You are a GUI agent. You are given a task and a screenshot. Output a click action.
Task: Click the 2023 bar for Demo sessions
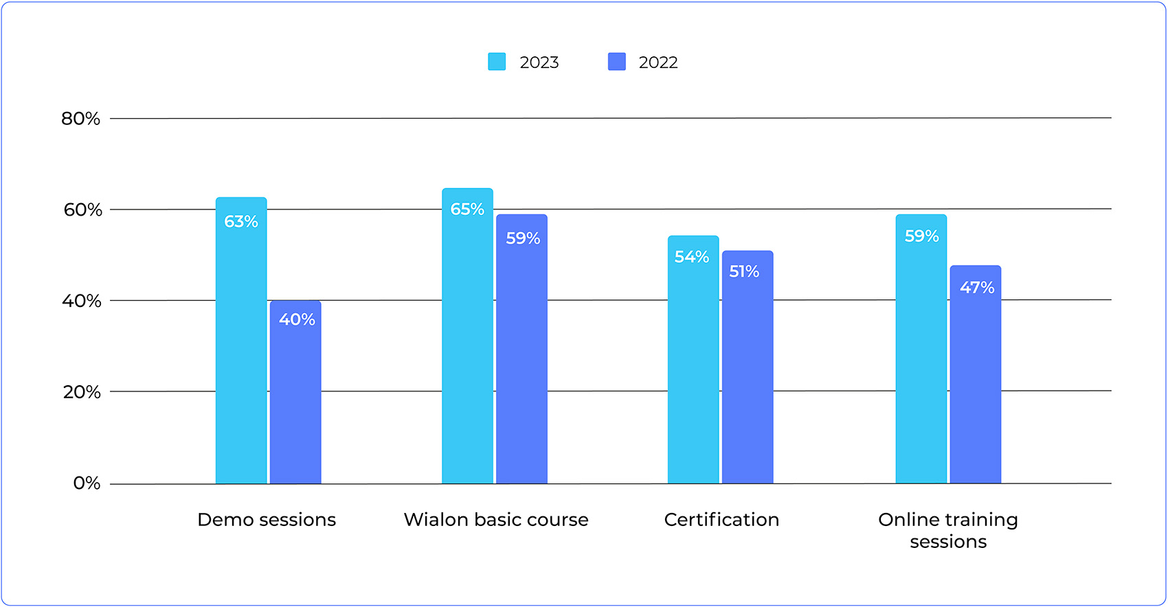tap(241, 343)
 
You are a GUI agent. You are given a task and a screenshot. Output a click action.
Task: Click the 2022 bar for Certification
tap(748, 371)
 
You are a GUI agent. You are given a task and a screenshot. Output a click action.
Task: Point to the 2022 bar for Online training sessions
tap(975, 378)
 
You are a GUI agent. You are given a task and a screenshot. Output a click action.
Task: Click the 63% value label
tap(241, 222)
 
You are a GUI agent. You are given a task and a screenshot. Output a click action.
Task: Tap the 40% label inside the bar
tap(297, 319)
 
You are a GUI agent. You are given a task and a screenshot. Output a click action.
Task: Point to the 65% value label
tap(467, 209)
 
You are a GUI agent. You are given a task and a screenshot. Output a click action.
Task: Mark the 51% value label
tap(744, 272)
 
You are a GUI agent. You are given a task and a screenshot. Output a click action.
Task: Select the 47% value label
tap(977, 288)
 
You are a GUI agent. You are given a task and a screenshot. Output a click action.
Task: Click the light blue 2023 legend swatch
tap(497, 62)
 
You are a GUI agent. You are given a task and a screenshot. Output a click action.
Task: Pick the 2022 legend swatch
tap(617, 62)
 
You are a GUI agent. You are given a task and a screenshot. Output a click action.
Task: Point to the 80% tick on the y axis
tap(81, 119)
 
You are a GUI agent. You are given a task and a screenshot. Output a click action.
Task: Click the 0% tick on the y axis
tap(87, 483)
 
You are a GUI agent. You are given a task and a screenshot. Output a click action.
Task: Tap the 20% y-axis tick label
tap(82, 392)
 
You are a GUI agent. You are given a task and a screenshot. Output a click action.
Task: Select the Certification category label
tap(721, 520)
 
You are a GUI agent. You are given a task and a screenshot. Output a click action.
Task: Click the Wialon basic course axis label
tap(496, 520)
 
